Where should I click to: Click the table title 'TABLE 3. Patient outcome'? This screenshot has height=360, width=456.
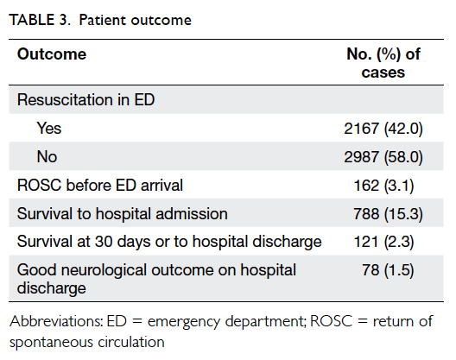coord(100,21)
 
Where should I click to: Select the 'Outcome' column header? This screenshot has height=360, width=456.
coord(52,54)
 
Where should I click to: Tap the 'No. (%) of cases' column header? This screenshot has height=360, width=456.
coord(383,63)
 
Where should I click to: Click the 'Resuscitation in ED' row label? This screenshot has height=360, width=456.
coord(85,100)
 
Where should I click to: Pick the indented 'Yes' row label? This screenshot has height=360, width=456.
coord(49,129)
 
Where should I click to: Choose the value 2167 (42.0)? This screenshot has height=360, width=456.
coord(383,129)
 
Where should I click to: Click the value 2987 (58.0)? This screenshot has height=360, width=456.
coord(383,157)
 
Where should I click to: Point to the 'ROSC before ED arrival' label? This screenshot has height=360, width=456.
coord(100,186)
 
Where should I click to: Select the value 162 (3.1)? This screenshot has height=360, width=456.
coord(383,186)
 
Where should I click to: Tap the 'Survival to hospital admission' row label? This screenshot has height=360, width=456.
coord(123,214)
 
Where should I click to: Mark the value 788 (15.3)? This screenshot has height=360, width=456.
coord(388,214)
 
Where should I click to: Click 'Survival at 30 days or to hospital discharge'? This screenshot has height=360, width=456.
coord(169,242)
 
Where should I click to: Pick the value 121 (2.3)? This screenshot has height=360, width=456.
coord(383,242)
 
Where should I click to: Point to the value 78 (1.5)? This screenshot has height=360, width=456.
coord(388,270)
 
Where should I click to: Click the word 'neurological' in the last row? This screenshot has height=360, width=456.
coord(104,270)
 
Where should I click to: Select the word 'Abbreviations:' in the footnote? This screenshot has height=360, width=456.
coord(56,321)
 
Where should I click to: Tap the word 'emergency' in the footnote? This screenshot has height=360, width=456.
coord(184,323)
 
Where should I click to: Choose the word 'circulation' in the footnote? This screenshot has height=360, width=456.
coord(131,342)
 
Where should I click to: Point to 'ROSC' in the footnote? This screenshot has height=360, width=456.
coord(332,321)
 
